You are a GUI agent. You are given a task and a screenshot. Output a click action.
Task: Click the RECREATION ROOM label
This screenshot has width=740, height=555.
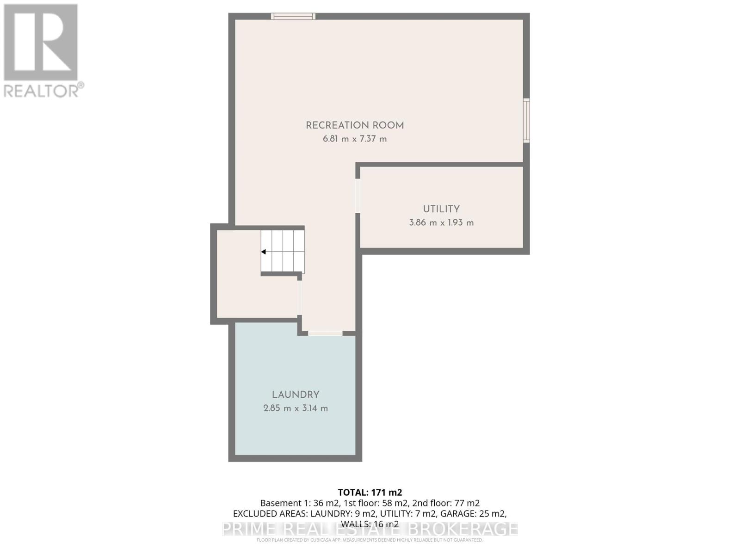[x=355, y=125]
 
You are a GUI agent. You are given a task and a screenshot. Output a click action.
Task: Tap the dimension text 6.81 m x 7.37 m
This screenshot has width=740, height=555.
[x=355, y=139]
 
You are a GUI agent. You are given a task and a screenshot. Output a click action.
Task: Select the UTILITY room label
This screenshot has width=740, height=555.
[x=441, y=209]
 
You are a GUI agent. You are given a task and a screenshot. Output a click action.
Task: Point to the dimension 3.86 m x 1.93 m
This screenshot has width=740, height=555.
[x=441, y=222]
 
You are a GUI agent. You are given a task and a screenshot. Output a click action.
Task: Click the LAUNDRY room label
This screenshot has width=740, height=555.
[x=296, y=395]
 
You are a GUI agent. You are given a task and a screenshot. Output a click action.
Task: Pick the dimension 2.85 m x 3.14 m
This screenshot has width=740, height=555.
[x=296, y=408]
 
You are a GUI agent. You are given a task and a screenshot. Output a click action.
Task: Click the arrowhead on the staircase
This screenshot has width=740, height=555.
[x=264, y=252]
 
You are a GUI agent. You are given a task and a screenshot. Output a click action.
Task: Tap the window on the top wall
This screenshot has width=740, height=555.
[x=293, y=17]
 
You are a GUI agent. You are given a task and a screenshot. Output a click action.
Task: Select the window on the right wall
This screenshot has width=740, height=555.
[x=526, y=120]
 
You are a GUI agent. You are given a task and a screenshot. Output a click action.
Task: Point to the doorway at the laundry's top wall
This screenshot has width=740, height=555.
[x=325, y=333]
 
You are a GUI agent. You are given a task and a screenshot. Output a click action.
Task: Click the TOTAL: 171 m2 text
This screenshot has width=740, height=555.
[x=370, y=493]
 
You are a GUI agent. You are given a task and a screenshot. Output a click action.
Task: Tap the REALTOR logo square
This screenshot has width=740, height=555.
[x=41, y=43]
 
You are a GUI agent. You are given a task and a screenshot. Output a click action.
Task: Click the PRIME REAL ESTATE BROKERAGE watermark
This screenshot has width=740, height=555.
[x=370, y=529]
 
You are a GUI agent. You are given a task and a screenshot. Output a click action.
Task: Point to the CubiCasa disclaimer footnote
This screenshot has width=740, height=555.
[x=370, y=540]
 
